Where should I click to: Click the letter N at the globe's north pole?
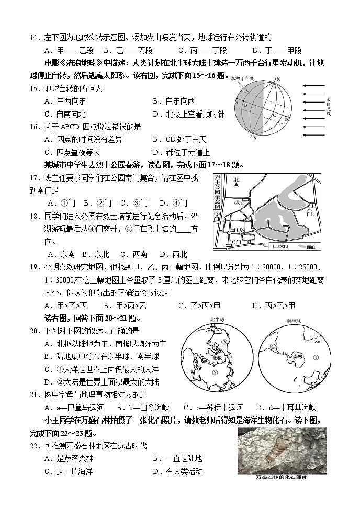tap(279, 79)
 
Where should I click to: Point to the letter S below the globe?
tap(255, 138)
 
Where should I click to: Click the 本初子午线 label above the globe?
tap(242, 78)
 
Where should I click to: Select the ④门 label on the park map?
tap(309, 212)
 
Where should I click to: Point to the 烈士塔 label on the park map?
tap(237, 230)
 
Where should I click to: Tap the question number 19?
tap(34, 267)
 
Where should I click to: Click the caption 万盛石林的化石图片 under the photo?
tap(282, 477)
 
